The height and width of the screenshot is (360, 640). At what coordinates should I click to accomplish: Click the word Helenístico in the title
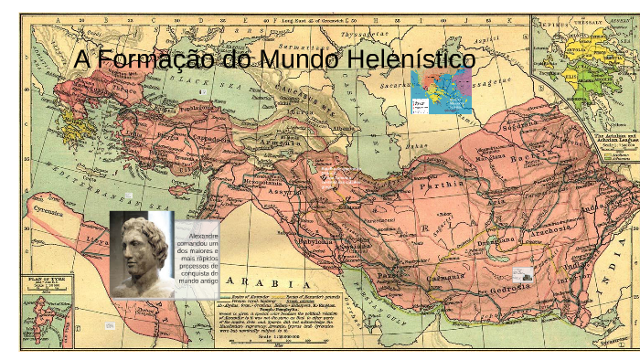pos(408,59)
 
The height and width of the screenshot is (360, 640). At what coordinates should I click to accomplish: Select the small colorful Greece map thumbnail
pos(441,92)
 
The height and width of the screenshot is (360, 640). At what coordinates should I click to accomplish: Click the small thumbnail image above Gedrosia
pos(523,273)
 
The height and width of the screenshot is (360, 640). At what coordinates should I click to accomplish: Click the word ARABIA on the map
pos(261,281)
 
